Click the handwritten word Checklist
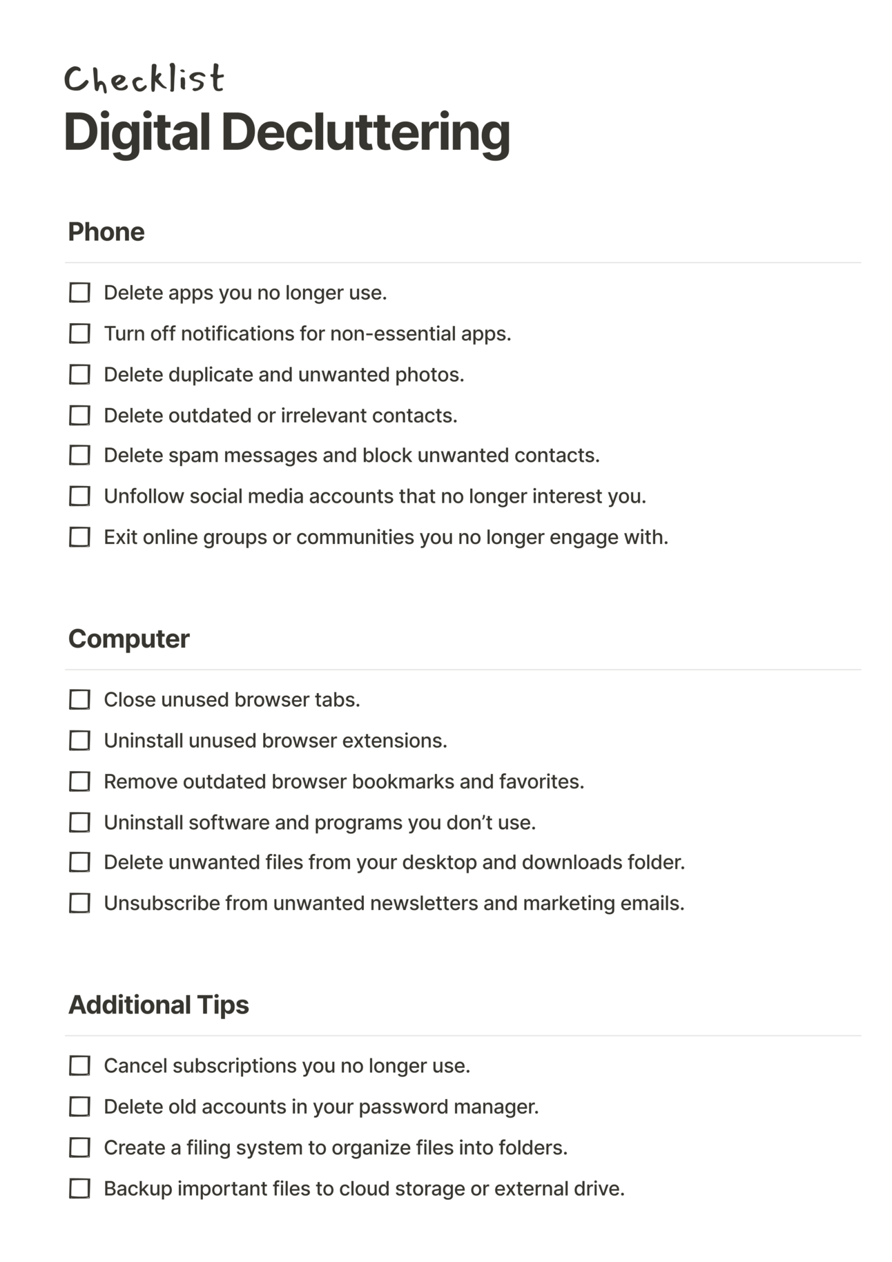(x=144, y=79)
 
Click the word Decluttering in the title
(x=365, y=132)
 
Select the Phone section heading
(x=106, y=232)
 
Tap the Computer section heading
(x=128, y=639)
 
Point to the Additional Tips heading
(x=158, y=1004)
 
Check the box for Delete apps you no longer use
(x=79, y=293)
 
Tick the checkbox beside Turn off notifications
(x=79, y=333)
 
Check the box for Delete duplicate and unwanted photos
(x=79, y=374)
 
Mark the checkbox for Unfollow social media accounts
(x=79, y=496)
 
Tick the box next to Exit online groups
(x=79, y=536)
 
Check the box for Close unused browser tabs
(x=79, y=699)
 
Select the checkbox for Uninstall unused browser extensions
(x=79, y=740)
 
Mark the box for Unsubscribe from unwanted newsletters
(x=79, y=903)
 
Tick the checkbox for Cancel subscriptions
(x=79, y=1065)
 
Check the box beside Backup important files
(x=79, y=1188)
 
